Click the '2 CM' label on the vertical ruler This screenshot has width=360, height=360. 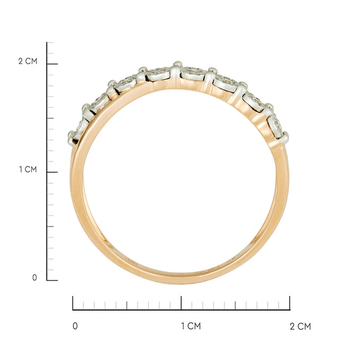(28, 61)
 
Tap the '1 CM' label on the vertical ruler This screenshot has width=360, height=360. (28, 169)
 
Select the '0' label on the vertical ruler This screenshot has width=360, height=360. (34, 277)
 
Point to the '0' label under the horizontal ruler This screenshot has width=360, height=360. (75, 326)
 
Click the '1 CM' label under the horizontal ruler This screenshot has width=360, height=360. (191, 326)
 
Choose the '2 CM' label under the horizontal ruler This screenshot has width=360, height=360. (300, 326)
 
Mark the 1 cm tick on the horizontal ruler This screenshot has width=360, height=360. (182, 303)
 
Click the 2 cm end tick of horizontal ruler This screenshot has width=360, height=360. (290, 303)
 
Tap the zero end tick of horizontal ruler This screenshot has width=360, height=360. (73, 303)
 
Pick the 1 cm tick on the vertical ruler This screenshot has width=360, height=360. (52, 172)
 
